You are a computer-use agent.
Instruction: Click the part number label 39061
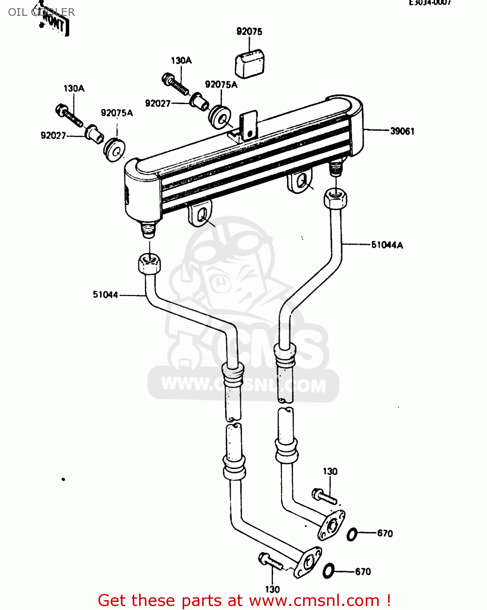pos(402,131)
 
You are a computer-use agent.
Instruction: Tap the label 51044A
pos(387,245)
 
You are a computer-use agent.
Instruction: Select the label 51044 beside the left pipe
pos(105,295)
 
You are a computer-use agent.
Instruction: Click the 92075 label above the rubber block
pos(249,31)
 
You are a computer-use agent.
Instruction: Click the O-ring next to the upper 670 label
pos(352,534)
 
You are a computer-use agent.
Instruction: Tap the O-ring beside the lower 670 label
pos(328,571)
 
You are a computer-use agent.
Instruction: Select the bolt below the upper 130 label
pos(324,496)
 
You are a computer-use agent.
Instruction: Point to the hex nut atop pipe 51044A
pos(335,198)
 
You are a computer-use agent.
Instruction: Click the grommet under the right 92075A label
pos(220,117)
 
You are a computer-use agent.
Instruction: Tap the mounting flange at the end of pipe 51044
pos(308,562)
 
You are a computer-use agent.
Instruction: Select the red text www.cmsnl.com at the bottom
pos(314,600)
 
